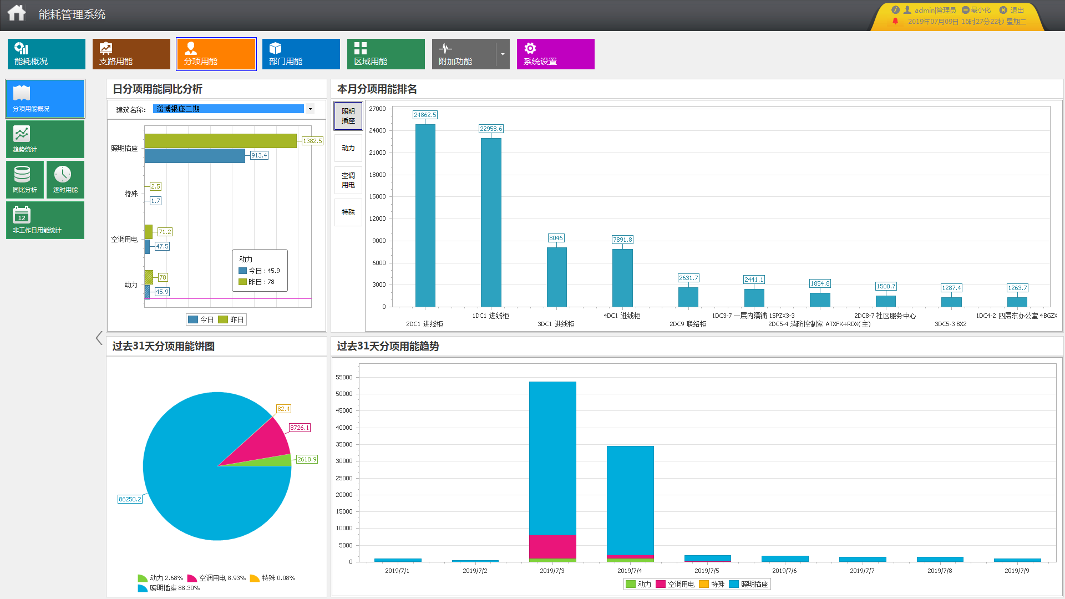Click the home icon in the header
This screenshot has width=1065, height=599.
[x=17, y=13]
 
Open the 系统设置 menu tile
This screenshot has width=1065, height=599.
[x=555, y=54]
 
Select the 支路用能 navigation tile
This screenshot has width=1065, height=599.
[x=131, y=54]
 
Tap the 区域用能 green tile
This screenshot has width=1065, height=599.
[x=386, y=54]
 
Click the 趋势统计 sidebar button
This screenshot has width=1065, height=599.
[x=45, y=139]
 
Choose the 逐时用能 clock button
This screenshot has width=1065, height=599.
[x=65, y=179]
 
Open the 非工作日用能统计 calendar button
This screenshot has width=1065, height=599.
[x=45, y=220]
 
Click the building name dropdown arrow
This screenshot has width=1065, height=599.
[x=310, y=109]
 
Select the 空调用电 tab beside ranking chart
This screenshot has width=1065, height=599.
[x=348, y=180]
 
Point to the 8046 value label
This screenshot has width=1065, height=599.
[x=556, y=238]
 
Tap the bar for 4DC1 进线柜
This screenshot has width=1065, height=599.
[x=622, y=277]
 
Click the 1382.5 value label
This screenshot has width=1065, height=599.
[x=312, y=141]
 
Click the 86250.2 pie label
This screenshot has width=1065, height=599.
[x=130, y=499]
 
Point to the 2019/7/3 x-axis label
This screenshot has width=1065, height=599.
[x=552, y=571]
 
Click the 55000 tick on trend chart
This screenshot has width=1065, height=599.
[x=344, y=377]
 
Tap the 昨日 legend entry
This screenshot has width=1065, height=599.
[x=231, y=319]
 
